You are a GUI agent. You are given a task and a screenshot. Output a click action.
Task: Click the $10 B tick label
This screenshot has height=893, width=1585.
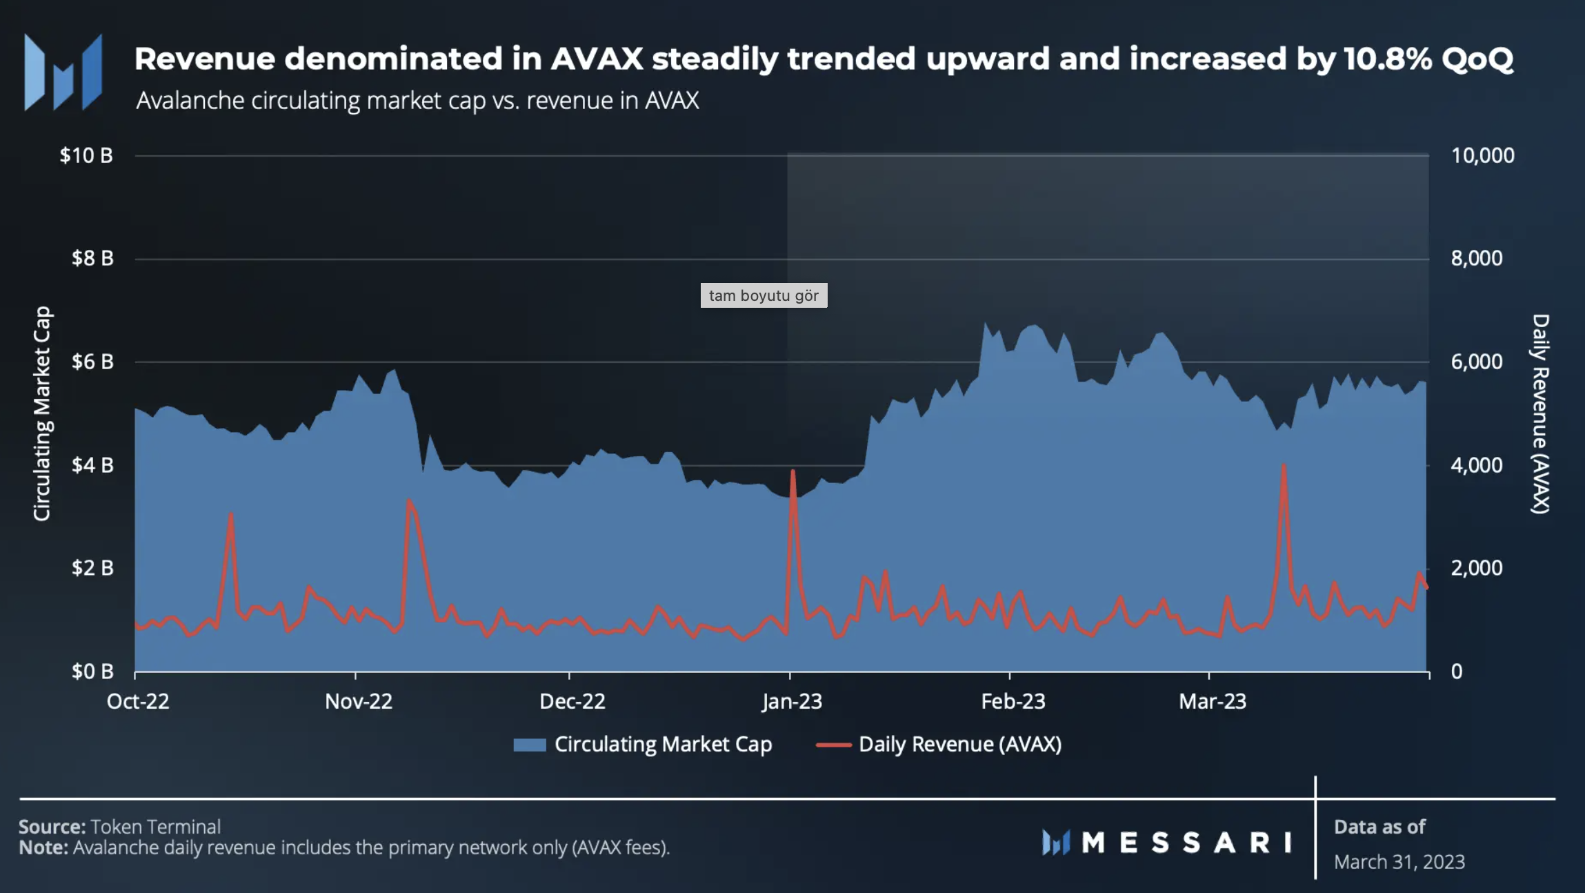point(86,155)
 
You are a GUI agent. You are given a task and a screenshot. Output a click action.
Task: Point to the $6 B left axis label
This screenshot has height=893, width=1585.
point(92,362)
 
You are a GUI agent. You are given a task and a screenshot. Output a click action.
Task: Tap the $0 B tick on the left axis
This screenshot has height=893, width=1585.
point(92,671)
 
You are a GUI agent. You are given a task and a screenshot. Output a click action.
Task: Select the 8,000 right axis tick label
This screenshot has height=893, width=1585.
point(1476,258)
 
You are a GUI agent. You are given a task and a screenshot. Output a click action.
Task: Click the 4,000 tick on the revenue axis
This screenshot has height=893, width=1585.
point(1476,465)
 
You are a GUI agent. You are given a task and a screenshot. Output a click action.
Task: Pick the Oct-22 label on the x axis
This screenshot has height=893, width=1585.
point(138,702)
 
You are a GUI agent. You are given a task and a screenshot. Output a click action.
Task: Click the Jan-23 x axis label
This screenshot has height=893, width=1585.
point(792,702)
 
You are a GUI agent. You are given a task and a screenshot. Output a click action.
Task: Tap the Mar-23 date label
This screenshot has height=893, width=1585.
point(1213,702)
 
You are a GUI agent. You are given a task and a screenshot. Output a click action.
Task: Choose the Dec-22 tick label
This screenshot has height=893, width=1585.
point(572,702)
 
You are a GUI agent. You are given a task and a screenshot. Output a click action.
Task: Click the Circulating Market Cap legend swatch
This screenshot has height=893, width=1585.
point(530,745)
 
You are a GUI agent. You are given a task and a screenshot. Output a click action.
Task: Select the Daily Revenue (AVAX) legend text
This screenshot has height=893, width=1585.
point(960,745)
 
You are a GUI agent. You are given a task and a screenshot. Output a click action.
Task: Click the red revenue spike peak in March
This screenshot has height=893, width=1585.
point(1284,466)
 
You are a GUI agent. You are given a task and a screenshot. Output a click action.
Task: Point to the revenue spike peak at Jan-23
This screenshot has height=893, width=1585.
point(793,472)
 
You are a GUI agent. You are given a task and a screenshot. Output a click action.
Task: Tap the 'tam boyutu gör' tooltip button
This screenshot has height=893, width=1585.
point(764,295)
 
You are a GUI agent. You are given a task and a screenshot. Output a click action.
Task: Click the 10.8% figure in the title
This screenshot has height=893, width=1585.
point(1387,59)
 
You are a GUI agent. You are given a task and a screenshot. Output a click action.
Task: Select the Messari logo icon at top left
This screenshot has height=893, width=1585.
point(63,72)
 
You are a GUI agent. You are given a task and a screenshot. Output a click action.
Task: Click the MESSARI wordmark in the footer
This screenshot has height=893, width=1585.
point(1186,843)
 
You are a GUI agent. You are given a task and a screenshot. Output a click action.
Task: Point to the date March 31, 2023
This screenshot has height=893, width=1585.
point(1399,862)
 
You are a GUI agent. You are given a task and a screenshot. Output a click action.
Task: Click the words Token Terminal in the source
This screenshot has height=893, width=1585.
point(156,827)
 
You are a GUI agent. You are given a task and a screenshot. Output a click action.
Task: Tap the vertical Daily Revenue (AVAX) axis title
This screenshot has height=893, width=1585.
point(1541,414)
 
